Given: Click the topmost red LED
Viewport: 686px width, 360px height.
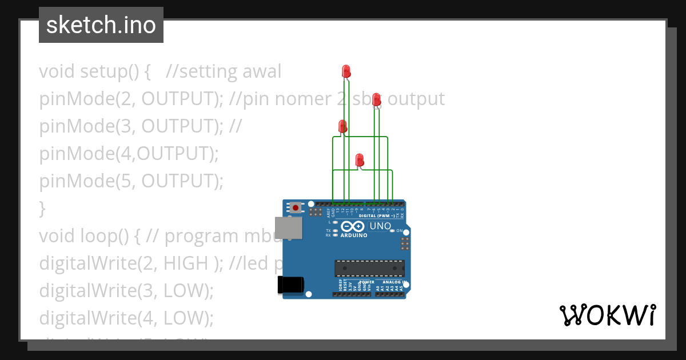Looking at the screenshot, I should tap(346, 71).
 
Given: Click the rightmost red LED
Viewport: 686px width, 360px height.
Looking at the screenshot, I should tap(376, 100).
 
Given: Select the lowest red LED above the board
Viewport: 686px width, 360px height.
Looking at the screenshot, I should tap(360, 160).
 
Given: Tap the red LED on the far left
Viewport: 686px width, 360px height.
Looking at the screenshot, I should tap(342, 126).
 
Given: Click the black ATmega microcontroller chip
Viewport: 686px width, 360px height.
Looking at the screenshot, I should tap(369, 268).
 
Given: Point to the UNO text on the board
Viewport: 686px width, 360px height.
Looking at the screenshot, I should tap(380, 226).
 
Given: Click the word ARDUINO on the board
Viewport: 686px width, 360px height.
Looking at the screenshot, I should tap(354, 235).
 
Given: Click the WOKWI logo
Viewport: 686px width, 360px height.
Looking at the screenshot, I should tap(607, 315).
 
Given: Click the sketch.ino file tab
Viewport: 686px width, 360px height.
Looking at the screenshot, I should tap(101, 25).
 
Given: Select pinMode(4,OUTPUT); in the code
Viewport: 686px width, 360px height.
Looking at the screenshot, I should tap(129, 154).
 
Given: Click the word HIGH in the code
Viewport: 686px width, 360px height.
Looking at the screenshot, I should tap(186, 263).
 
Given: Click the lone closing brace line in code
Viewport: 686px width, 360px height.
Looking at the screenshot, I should tap(42, 209).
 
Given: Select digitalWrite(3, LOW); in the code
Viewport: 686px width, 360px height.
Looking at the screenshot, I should tap(126, 291).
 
